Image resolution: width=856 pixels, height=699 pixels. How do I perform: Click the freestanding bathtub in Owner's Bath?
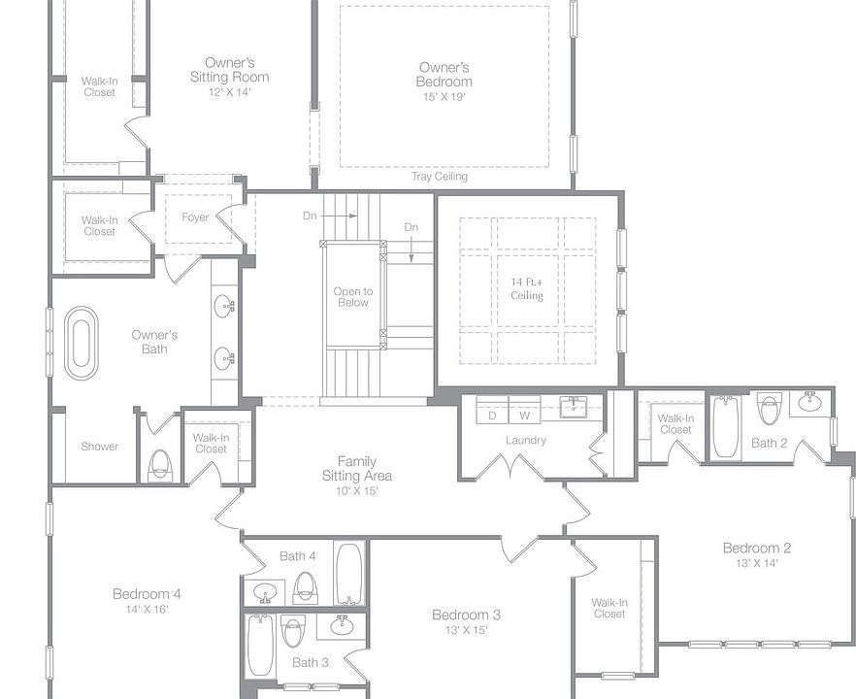tap(82, 343)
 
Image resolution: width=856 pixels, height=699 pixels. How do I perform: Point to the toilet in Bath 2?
tap(770, 409)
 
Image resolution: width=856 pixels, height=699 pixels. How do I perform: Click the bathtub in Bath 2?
tap(726, 426)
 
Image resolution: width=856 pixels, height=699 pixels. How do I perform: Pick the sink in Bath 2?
tap(810, 403)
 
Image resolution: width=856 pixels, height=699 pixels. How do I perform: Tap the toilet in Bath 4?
tap(305, 587)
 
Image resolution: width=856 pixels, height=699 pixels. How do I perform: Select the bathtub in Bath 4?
tap(348, 573)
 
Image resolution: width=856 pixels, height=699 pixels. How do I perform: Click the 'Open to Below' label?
tap(353, 297)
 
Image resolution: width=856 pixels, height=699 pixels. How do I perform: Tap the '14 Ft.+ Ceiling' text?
tap(527, 289)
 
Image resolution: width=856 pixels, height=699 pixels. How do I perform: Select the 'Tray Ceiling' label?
tap(440, 177)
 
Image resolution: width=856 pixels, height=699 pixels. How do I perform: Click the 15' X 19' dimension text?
tap(444, 97)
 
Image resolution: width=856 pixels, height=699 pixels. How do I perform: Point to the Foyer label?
tap(195, 217)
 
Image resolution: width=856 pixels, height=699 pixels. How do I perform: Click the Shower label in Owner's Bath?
tap(99, 447)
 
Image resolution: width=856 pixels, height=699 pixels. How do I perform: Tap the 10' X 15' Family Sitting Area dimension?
tap(356, 491)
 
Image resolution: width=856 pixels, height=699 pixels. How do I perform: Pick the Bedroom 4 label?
tap(147, 593)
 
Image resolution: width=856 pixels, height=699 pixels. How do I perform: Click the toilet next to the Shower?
tap(160, 465)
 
